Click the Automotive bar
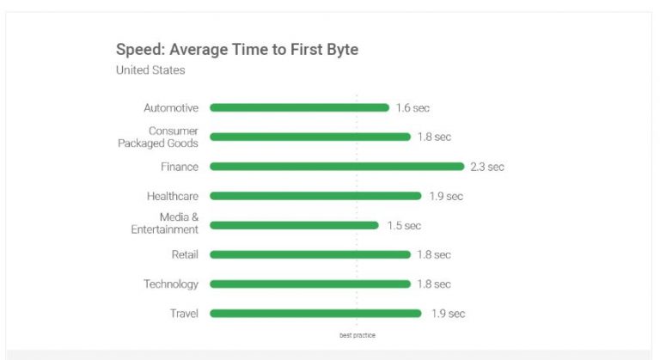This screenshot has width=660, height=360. point(299,107)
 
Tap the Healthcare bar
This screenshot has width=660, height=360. point(315,196)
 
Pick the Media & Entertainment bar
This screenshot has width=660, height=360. point(294,225)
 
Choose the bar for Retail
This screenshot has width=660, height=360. point(310,254)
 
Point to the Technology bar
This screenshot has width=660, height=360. point(310,284)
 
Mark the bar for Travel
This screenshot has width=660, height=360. point(315,314)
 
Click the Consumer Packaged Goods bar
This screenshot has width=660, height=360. point(310,137)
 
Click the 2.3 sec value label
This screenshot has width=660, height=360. point(487,167)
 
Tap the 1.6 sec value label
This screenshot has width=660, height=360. point(412,108)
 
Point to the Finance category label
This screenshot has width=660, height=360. point(180,167)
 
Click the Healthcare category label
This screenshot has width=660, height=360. point(173,196)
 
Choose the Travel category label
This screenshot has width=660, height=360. point(184,314)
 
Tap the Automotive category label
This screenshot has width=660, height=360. point(171,108)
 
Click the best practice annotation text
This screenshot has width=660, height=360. point(357,335)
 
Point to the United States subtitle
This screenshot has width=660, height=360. point(150,70)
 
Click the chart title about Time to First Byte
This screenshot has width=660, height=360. point(237,49)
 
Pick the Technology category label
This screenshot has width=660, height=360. point(171,284)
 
